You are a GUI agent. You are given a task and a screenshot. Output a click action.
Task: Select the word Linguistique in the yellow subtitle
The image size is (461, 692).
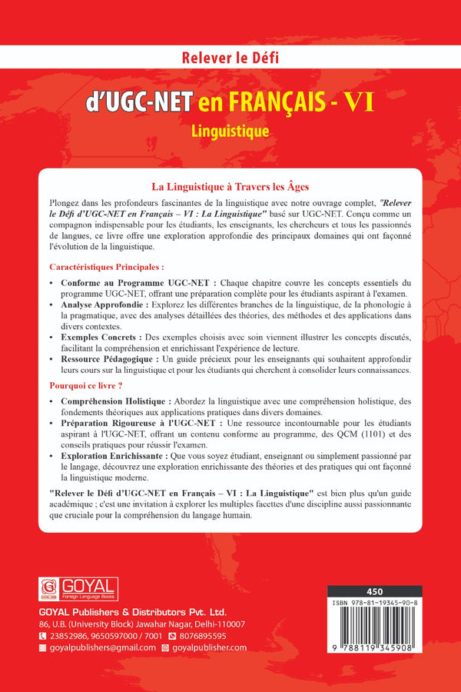[x=230, y=131]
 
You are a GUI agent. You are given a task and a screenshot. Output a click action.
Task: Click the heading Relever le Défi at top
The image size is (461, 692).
[x=230, y=55]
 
